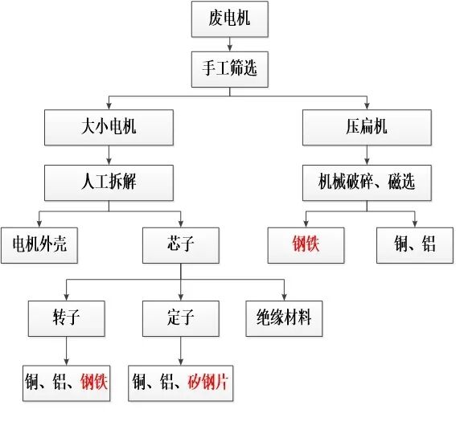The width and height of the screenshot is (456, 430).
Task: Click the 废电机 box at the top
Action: (229, 18)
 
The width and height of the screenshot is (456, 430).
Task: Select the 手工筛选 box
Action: (229, 69)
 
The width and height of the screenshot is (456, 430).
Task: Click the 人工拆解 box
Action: (109, 182)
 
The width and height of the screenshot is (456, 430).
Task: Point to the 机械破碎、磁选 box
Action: (368, 182)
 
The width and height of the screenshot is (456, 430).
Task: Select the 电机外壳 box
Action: (39, 245)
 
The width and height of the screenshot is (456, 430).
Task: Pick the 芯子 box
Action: (180, 245)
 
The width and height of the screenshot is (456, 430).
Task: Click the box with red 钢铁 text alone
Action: (306, 244)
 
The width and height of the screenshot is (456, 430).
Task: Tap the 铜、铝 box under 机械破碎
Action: (417, 245)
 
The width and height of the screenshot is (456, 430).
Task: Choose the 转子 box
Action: (66, 318)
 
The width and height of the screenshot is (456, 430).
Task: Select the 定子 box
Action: (180, 318)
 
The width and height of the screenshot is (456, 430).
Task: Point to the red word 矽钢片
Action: (208, 383)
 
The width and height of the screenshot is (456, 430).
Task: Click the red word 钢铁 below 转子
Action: (93, 383)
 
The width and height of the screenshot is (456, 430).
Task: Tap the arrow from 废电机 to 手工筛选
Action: (229, 43)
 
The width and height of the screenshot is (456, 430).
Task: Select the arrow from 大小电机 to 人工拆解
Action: (109, 156)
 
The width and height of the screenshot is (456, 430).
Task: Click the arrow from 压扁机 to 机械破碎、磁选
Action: (368, 156)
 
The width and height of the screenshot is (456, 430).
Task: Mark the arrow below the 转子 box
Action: (66, 351)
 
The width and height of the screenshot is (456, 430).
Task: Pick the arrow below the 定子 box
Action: (180, 351)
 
